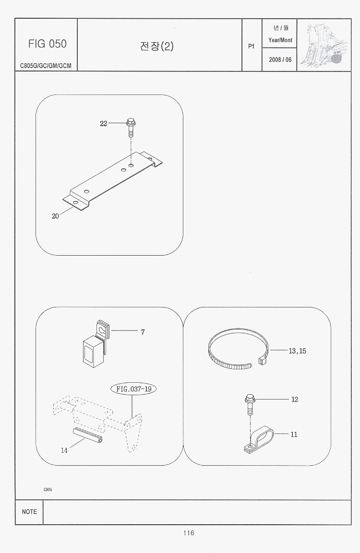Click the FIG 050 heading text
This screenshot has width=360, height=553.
coord(48,44)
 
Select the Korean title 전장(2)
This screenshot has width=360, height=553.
coord(156,46)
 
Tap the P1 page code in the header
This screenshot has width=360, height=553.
coord(252,46)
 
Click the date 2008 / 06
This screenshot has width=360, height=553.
coord(280,59)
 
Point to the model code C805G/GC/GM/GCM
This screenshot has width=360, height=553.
coord(46,66)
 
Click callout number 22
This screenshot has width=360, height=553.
coord(103,123)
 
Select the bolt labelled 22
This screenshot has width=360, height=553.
coord(131,129)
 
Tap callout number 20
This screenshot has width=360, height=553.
coord(55,216)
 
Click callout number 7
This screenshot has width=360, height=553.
coord(143,332)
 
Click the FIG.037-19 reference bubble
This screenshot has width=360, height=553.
coord(134,389)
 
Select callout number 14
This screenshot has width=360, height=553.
coord(64,450)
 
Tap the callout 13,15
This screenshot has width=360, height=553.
coord(298,351)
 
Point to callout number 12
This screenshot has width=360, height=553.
coord(295,400)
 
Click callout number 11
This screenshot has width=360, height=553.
coord(294,435)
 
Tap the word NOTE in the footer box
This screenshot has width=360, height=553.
coord(29,512)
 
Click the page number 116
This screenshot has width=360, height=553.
coord(189,533)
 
